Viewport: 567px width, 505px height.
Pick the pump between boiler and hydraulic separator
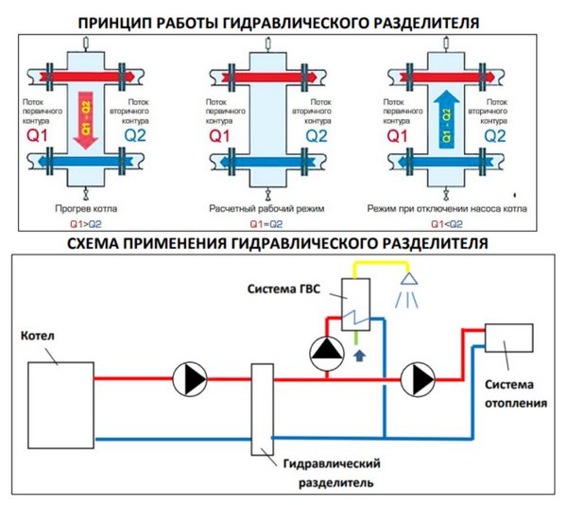(190, 379)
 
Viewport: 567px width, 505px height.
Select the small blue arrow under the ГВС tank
(357, 356)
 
